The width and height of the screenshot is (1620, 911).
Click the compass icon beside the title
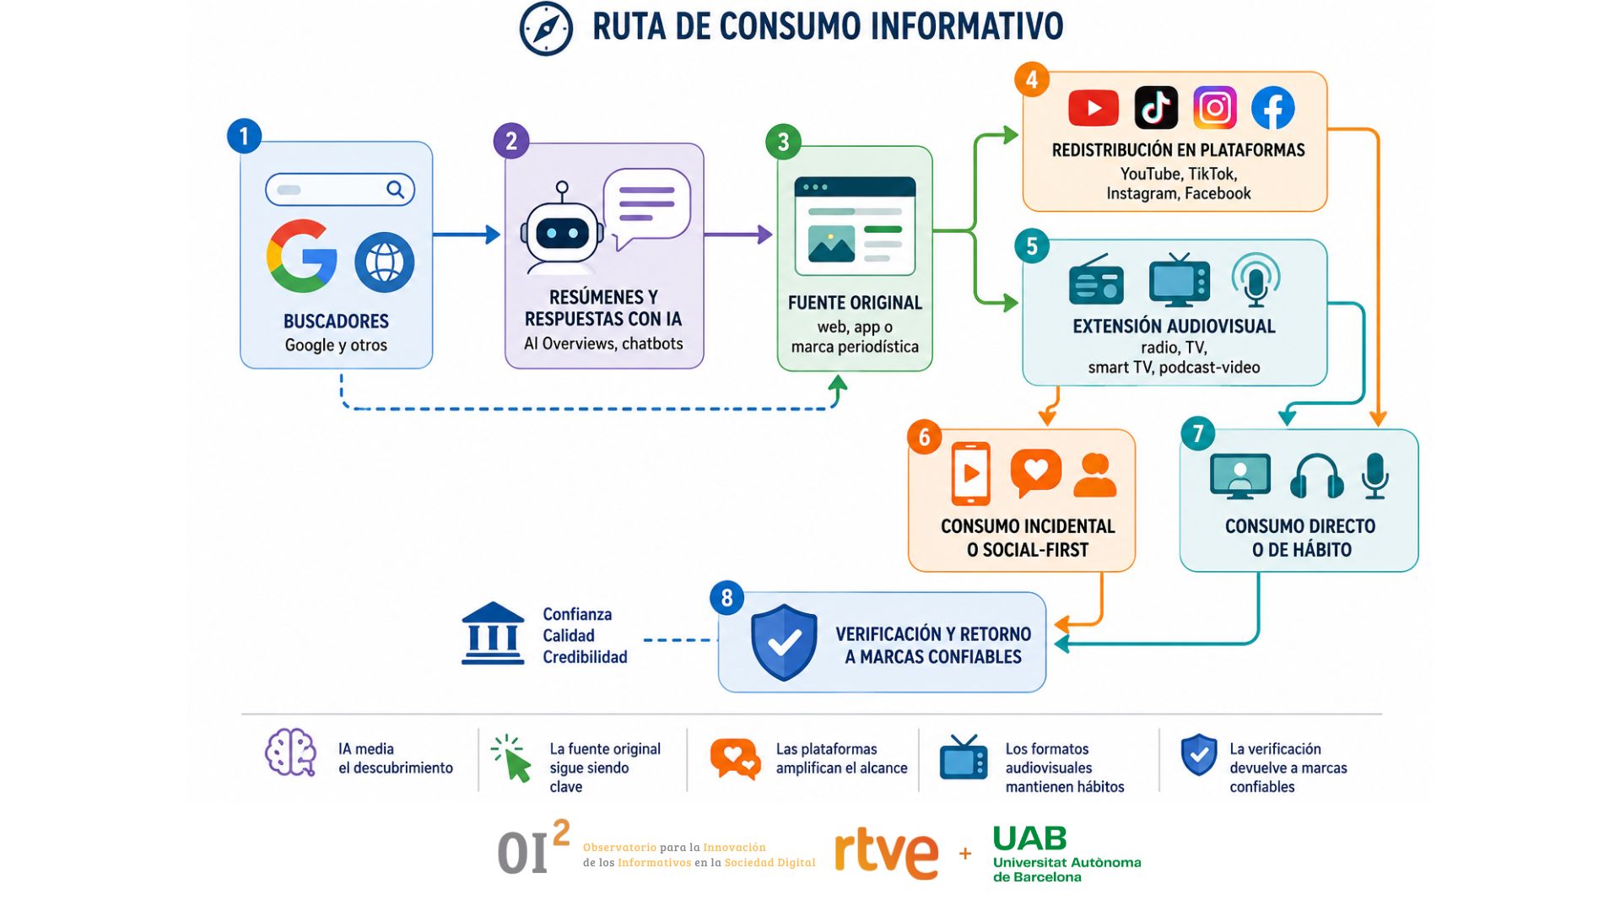(x=546, y=29)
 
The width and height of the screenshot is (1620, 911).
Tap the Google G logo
(x=301, y=256)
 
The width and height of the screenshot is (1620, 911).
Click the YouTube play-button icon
(x=1093, y=108)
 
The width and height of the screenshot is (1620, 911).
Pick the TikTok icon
(x=1156, y=107)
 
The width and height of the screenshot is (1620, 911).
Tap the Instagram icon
(x=1215, y=107)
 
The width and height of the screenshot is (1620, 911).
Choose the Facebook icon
(x=1272, y=107)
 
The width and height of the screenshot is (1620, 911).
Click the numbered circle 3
(x=783, y=142)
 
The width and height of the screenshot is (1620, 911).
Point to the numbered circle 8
(x=726, y=598)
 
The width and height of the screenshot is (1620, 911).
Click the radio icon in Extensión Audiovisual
(x=1096, y=280)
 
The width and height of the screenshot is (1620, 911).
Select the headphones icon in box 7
(x=1316, y=477)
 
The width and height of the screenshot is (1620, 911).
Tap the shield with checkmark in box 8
(x=784, y=643)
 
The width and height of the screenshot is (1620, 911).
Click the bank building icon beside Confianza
(x=493, y=633)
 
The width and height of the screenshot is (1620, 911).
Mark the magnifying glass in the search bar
(x=395, y=190)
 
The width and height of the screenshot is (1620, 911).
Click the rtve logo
(x=886, y=854)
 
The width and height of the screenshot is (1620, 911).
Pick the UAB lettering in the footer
(x=1029, y=838)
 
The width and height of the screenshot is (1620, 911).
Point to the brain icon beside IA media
(x=290, y=752)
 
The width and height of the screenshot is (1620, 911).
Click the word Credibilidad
(x=585, y=657)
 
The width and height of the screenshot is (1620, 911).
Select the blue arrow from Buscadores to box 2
(x=467, y=234)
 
